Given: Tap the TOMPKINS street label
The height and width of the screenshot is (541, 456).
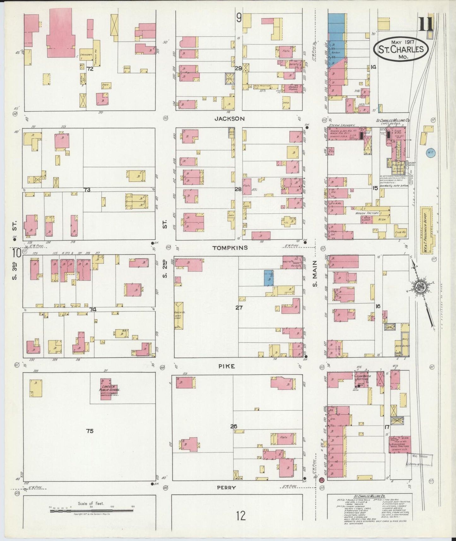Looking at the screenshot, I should coord(230,248).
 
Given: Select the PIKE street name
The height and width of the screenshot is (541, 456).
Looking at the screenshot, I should coord(227,366).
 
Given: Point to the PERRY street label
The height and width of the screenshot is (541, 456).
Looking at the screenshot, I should coord(226,487).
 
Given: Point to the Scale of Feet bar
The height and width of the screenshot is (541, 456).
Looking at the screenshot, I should coord(92,510).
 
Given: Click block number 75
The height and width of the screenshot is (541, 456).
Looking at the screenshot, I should coord(90,431).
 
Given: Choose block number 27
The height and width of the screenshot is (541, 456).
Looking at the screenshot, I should coord(239,307).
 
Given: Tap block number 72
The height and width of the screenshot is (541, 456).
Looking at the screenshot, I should coord(90,68).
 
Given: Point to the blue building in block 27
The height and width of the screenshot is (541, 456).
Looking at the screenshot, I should coord(269,278).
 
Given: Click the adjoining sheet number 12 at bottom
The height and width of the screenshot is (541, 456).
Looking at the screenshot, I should coord(240,516).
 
